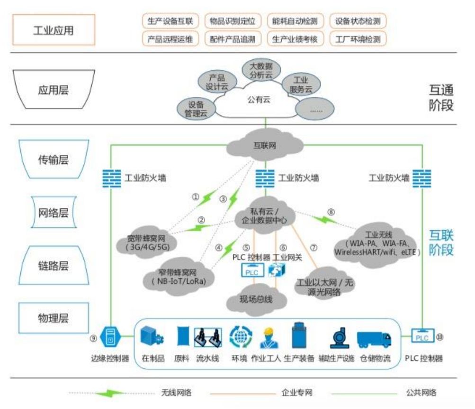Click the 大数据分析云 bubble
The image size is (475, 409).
coord(259,69)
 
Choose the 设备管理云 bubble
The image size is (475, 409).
coord(196,109)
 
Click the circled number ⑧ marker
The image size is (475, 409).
coord(331,212)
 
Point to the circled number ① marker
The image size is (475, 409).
coord(195,196)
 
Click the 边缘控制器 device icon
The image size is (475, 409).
coord(110,337)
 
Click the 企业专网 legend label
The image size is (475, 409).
coord(296,392)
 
